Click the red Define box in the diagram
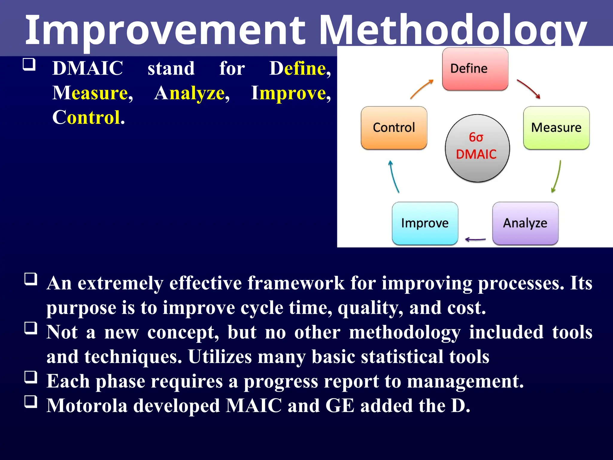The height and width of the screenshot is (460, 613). (x=475, y=69)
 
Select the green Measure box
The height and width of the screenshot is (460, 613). (x=556, y=128)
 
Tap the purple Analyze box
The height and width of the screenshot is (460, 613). (x=525, y=223)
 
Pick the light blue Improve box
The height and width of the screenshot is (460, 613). (x=425, y=223)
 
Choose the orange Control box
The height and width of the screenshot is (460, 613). (x=394, y=128)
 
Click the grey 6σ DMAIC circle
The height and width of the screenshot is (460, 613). (x=477, y=148)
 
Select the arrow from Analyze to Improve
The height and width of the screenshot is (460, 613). (x=475, y=239)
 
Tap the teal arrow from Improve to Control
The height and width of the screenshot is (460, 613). (x=394, y=177)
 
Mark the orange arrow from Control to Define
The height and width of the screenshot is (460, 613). (x=421, y=89)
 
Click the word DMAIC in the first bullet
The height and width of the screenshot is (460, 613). (x=87, y=68)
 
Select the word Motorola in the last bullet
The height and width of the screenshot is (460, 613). (x=87, y=406)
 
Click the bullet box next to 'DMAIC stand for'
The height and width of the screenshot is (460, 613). (x=29, y=64)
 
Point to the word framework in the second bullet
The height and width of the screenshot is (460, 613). (x=296, y=283)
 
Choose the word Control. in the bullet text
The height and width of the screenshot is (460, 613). (x=88, y=117)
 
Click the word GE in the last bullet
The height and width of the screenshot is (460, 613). (x=340, y=406)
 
